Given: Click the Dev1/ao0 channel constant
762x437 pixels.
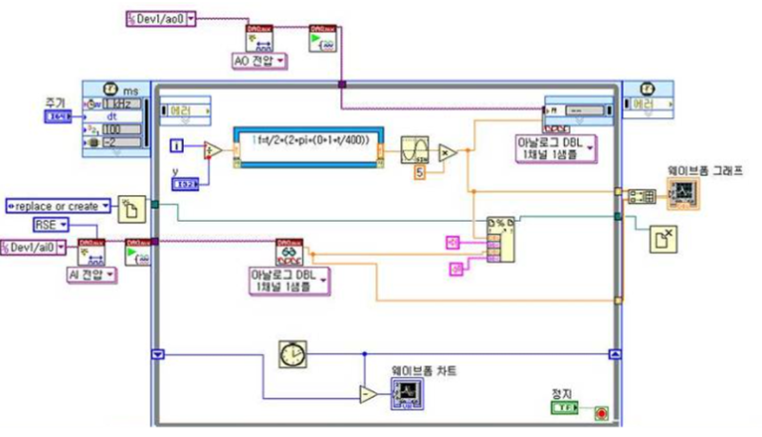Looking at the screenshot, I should pyautogui.click(x=160, y=18).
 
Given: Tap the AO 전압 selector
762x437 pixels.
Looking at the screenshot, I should pyautogui.click(x=260, y=61).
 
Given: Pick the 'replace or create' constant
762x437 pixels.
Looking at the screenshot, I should pyautogui.click(x=58, y=203).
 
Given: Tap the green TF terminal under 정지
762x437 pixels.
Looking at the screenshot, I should pyautogui.click(x=568, y=407).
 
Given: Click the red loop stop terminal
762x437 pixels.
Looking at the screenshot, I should pyautogui.click(x=600, y=412).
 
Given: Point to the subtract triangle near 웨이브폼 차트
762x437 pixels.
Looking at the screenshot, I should pyautogui.click(x=368, y=393).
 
